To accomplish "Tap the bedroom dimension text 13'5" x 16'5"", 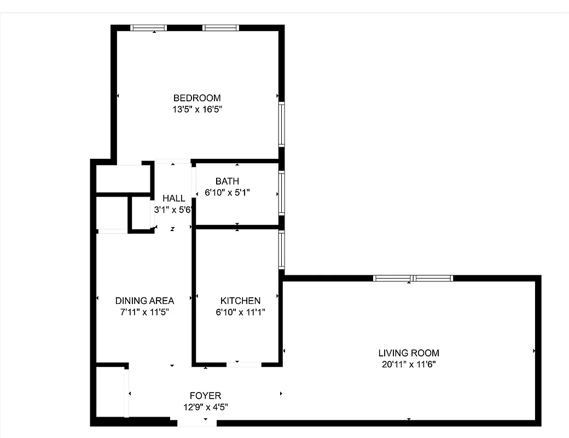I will click(197, 109).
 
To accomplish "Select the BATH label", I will click(227, 181).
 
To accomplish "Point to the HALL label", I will click(174, 198).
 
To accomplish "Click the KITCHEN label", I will click(240, 301).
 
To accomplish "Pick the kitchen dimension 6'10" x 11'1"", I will click(240, 313).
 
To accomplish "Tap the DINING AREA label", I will click(144, 301).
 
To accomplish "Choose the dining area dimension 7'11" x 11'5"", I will click(144, 313).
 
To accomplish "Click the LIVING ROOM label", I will click(409, 353).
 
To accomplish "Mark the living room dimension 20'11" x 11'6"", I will click(409, 365).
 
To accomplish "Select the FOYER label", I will click(205, 396).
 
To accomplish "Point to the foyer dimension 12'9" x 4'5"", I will click(205, 407).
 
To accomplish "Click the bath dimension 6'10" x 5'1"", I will click(227, 193).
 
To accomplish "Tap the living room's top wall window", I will click(413, 278).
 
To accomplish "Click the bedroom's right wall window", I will click(281, 124).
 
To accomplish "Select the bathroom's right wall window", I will click(281, 193).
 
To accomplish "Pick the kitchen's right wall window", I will click(281, 250).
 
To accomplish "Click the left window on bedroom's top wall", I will click(148, 28).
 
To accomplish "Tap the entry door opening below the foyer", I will click(197, 423).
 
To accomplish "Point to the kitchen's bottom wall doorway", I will click(244, 364).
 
